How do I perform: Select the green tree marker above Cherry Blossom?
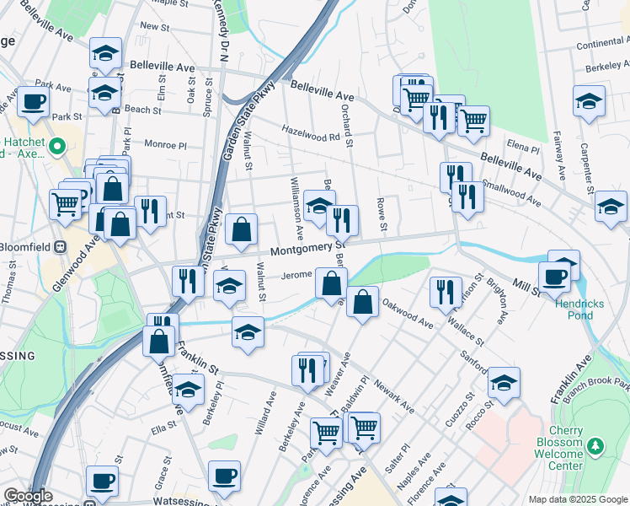coord(596,444)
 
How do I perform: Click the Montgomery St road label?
coord(307,249)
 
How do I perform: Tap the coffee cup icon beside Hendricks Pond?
coord(555,277)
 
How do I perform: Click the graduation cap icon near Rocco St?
coord(504,384)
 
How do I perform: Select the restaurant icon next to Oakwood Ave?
coord(446,292)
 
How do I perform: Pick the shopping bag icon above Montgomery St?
coord(242,229)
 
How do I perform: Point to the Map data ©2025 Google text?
coord(578,499)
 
